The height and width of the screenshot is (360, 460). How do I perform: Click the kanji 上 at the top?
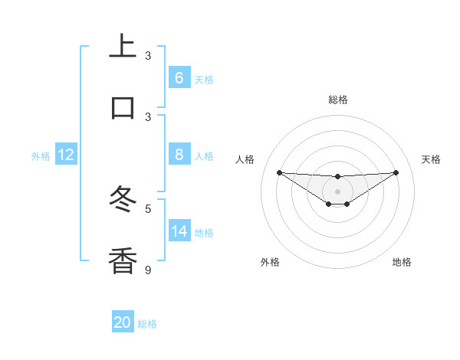point(123,46)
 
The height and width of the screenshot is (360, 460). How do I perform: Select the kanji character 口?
point(123,107)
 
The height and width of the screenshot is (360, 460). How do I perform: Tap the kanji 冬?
point(123,199)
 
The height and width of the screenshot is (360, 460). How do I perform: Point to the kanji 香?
point(123,260)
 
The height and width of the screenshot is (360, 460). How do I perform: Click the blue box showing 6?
point(179,77)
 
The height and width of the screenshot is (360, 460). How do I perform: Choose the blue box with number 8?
point(179,155)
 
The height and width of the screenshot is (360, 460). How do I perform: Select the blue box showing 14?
point(179,231)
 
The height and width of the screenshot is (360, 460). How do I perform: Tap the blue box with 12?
point(65,155)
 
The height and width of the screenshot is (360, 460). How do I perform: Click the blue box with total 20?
point(122,322)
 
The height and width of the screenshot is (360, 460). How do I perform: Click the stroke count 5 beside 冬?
point(148,208)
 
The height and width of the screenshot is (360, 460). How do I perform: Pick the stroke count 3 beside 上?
point(148,55)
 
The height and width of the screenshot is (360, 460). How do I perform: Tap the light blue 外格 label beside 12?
point(41,155)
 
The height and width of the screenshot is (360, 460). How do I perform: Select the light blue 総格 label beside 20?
point(147,323)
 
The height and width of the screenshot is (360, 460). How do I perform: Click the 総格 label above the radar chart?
point(338,100)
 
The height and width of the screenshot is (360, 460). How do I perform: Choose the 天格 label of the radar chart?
point(432,159)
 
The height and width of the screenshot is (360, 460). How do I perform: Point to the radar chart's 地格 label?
point(402,262)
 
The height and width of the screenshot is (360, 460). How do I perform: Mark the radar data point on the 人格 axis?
point(279,172)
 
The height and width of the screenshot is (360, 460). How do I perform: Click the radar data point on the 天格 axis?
point(396,172)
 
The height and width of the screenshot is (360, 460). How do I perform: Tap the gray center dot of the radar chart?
point(337,191)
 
